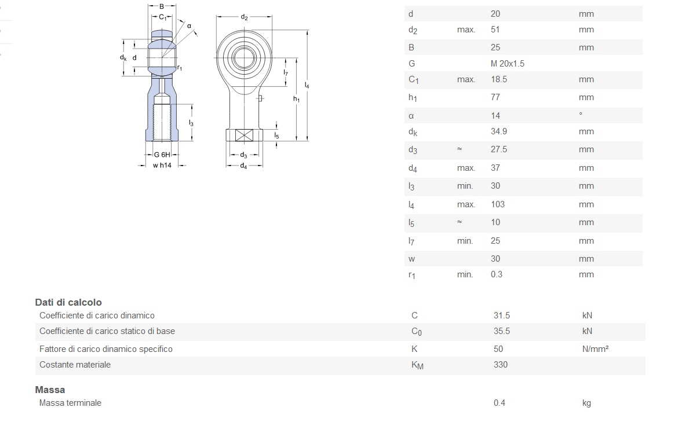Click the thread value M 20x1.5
click(x=507, y=64)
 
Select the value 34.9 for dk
click(x=499, y=131)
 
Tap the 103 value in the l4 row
click(x=498, y=204)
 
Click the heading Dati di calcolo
click(x=68, y=302)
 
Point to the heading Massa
click(x=50, y=390)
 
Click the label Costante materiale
click(x=75, y=365)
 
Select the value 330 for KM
click(x=501, y=365)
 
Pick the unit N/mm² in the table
click(x=595, y=349)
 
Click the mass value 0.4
click(x=500, y=403)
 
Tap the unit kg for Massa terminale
click(x=586, y=403)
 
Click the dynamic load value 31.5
click(x=502, y=315)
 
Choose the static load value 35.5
click(x=502, y=331)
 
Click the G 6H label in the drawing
click(x=162, y=155)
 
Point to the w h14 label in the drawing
click(x=162, y=165)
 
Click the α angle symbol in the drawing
click(x=189, y=25)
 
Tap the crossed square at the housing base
click(x=244, y=136)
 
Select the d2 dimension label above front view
click(x=244, y=17)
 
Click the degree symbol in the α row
click(x=581, y=114)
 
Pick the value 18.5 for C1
click(x=499, y=79)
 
